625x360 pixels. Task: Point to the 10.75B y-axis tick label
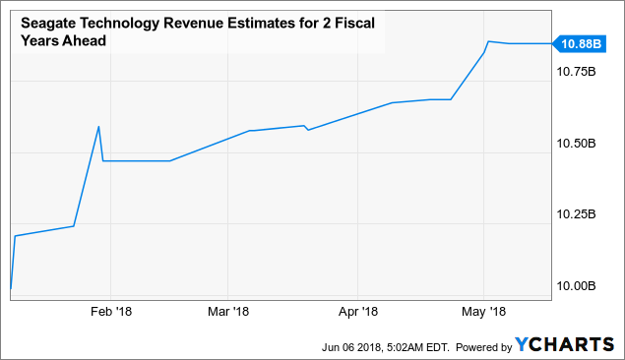point(576,72)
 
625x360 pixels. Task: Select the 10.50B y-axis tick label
point(576,143)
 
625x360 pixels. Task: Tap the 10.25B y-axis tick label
point(576,213)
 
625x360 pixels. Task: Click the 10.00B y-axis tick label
point(576,285)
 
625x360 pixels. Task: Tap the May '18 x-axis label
point(484,312)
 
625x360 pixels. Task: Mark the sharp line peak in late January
point(98,126)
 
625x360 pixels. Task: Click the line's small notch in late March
point(308,130)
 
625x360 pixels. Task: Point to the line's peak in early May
point(489,41)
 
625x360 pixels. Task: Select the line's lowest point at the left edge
point(10,291)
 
